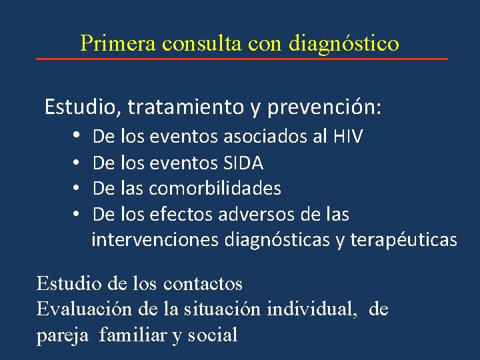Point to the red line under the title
241,59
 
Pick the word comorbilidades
215,189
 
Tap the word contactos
203,284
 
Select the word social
213,335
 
